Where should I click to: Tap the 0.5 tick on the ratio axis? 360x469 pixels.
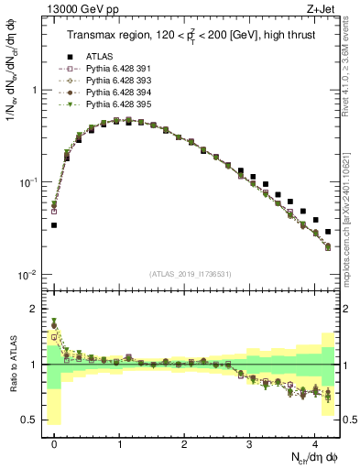[x=34, y=420]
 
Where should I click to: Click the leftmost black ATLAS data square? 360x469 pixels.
[x=54, y=224]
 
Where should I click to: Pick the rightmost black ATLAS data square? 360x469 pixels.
[x=328, y=232]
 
